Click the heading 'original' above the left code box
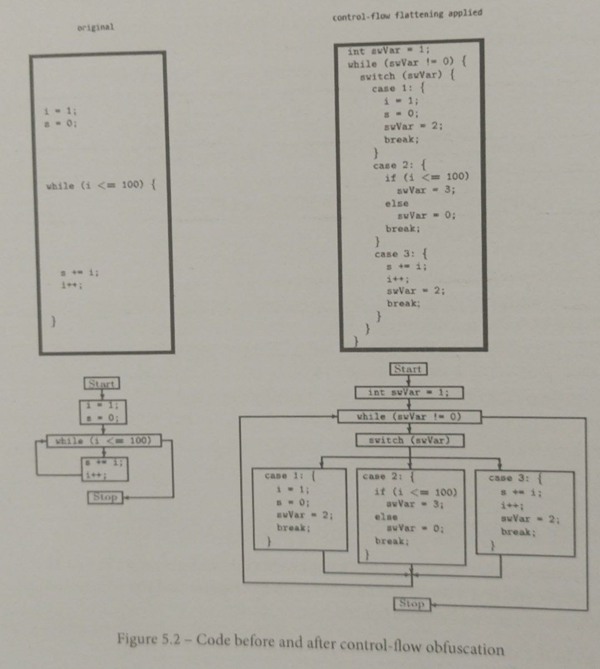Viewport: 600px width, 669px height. (96, 27)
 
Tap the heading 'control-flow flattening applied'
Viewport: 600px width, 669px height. (407, 14)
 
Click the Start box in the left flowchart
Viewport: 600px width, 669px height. (102, 383)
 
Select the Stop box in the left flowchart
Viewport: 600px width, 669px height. (105, 497)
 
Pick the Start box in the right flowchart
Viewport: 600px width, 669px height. (408, 369)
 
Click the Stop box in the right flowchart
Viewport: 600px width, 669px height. (412, 603)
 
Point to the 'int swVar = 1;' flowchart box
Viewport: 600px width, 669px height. (409, 392)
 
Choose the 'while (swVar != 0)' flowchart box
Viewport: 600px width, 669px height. (409, 416)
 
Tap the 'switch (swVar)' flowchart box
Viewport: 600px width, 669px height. (409, 440)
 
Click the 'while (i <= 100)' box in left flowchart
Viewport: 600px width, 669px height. (103, 441)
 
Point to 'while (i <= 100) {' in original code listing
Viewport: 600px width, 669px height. (101, 185)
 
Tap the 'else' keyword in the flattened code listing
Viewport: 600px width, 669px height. (397, 203)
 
